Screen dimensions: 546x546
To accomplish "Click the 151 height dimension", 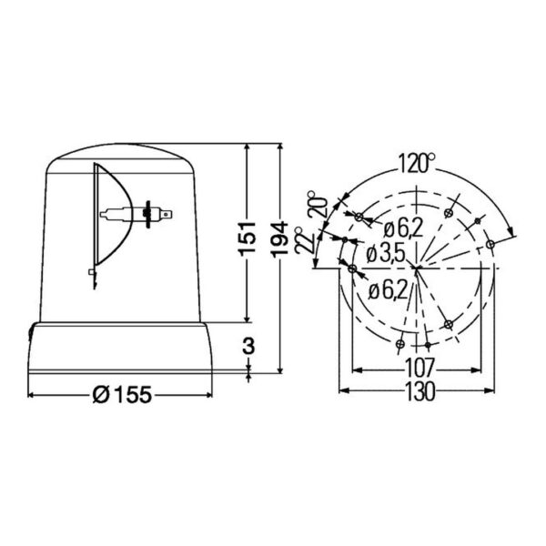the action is [248, 238].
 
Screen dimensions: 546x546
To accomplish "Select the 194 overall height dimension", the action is [280, 239].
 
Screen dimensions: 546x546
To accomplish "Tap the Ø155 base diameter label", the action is [122, 395].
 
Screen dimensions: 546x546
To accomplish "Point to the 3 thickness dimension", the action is [248, 346].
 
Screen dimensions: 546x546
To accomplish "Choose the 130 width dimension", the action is [420, 391].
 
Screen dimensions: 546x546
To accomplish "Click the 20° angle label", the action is [318, 205].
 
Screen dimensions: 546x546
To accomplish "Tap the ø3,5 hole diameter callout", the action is [386, 255].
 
